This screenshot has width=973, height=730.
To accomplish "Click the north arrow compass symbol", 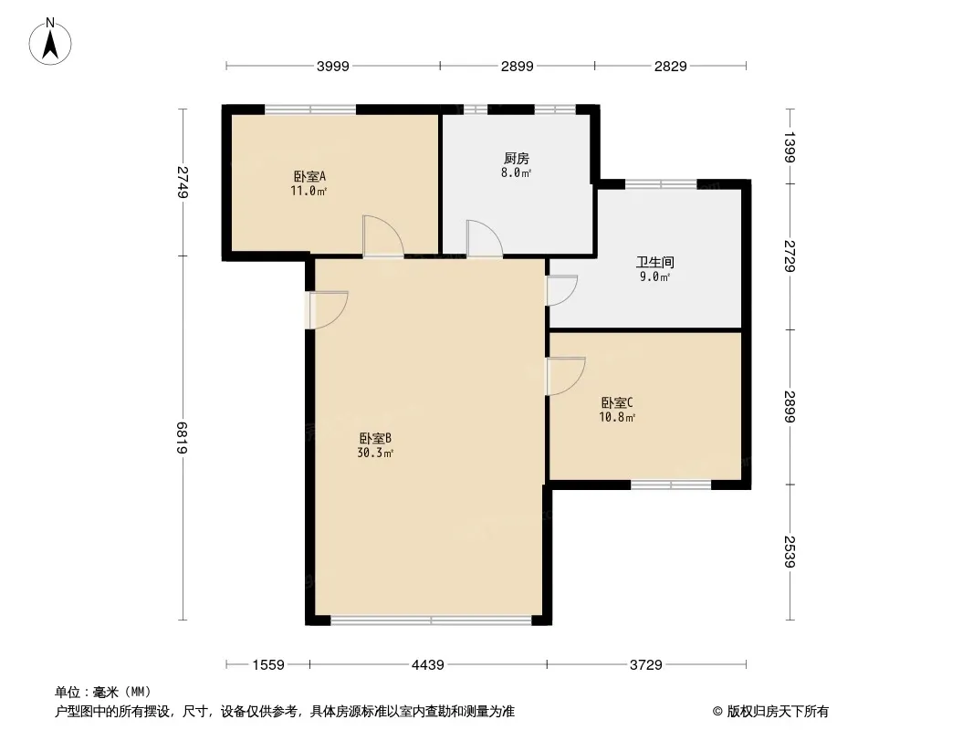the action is click(x=50, y=42).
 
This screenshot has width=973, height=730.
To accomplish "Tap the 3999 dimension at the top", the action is click(x=333, y=66).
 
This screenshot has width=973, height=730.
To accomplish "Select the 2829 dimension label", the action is click(x=670, y=66).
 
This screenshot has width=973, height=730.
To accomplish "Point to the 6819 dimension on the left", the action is click(x=183, y=437).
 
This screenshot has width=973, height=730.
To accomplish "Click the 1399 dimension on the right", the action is click(x=790, y=147).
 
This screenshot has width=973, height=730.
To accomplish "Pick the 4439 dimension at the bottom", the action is click(x=427, y=665).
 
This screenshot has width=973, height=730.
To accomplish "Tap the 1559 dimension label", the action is click(x=268, y=665).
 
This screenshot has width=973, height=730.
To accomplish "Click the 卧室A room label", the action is click(x=309, y=177).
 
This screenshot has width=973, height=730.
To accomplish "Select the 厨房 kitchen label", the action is click(x=517, y=159).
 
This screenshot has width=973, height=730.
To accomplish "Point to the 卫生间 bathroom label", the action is click(x=654, y=263).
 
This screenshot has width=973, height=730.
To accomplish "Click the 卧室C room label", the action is click(x=617, y=403).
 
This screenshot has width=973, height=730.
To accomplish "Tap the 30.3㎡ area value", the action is click(x=375, y=453).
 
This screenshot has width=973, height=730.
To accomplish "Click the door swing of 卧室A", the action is click(x=382, y=235).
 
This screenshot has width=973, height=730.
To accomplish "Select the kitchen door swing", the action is click(x=485, y=238).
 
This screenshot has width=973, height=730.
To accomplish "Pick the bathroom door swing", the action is click(x=561, y=290).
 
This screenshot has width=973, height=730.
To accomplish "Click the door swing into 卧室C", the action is click(x=565, y=377).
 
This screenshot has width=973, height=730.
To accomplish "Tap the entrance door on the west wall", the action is click(x=328, y=309).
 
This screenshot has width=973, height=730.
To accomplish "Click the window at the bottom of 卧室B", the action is click(x=431, y=620).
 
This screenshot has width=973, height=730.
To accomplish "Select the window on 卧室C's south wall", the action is click(x=671, y=485).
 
